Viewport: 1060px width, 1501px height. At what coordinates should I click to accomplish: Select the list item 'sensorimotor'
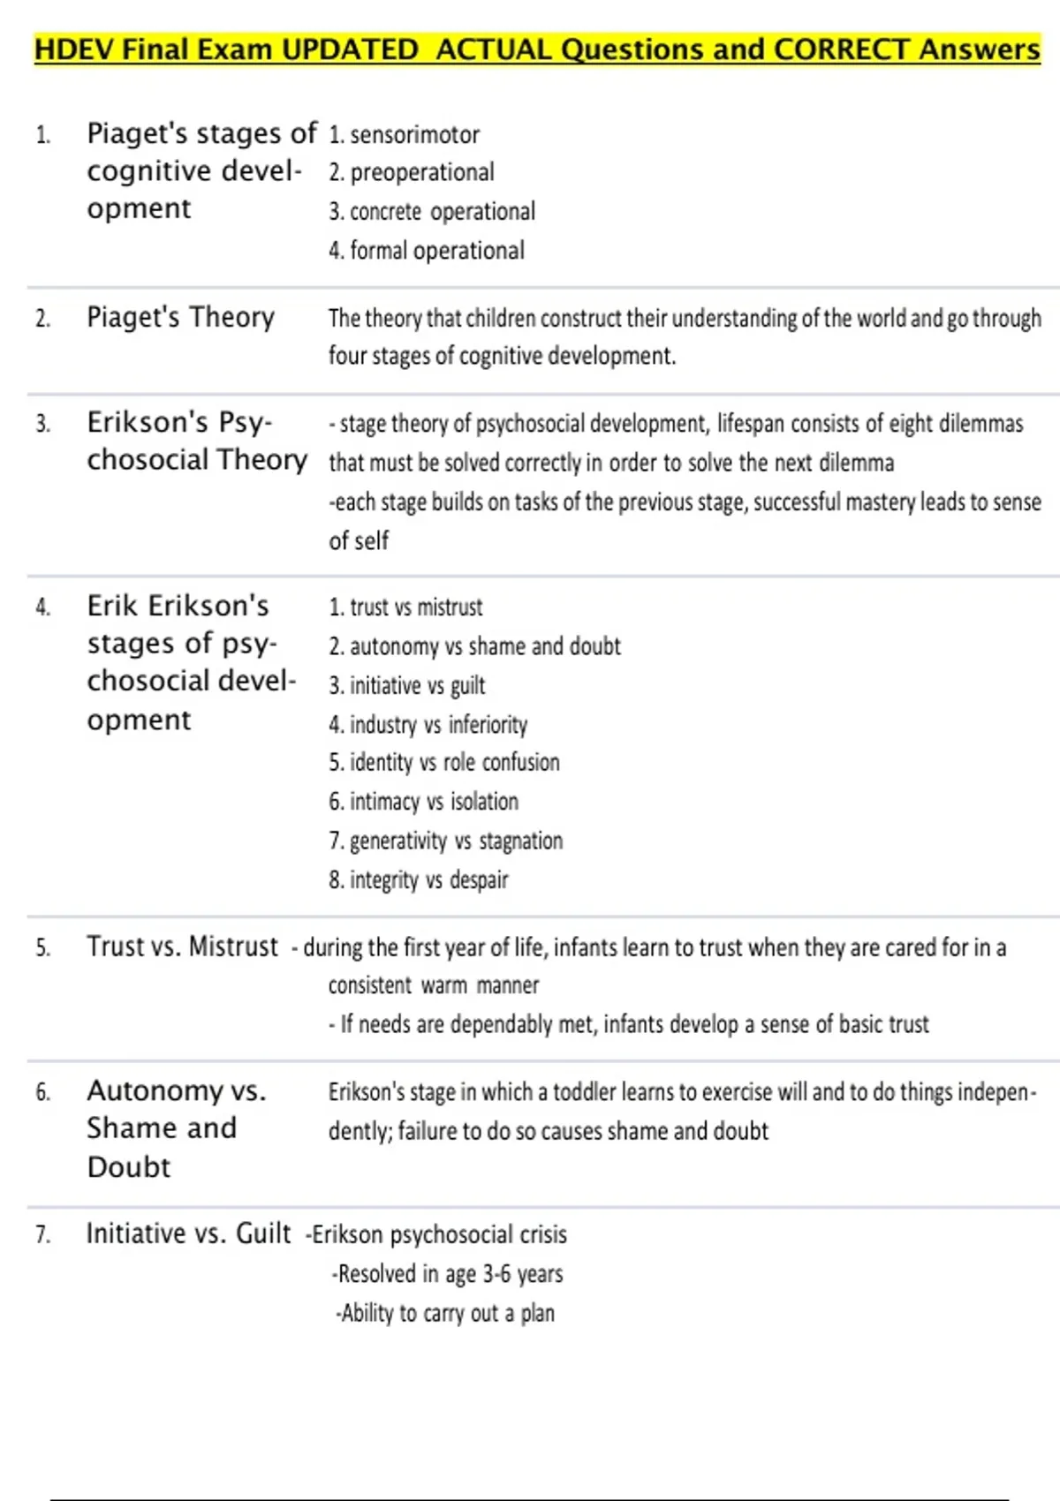coord(414,135)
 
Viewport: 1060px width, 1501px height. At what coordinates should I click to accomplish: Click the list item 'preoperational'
coord(421,172)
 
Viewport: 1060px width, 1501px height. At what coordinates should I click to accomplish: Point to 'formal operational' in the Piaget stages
coord(436,251)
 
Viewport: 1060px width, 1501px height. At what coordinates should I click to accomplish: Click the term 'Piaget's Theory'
coord(180,317)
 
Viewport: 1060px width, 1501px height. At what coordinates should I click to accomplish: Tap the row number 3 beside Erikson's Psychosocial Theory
coord(42,424)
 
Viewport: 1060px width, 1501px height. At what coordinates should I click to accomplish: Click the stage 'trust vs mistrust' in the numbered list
coord(416,607)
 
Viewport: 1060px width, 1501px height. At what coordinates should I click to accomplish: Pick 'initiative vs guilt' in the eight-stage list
coord(417,686)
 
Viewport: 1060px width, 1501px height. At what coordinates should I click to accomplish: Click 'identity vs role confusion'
coord(454,763)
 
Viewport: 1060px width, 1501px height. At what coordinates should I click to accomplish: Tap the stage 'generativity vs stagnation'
coord(456,841)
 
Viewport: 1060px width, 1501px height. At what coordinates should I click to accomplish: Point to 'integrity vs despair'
coord(428,880)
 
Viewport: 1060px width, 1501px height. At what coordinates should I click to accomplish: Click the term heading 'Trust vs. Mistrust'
coord(182,947)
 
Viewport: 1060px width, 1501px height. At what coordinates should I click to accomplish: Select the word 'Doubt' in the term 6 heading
coord(129,1167)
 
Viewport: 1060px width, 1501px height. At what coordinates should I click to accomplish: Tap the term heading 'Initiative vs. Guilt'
coord(188,1233)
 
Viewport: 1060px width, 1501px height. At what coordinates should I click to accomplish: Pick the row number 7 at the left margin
coord(42,1234)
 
